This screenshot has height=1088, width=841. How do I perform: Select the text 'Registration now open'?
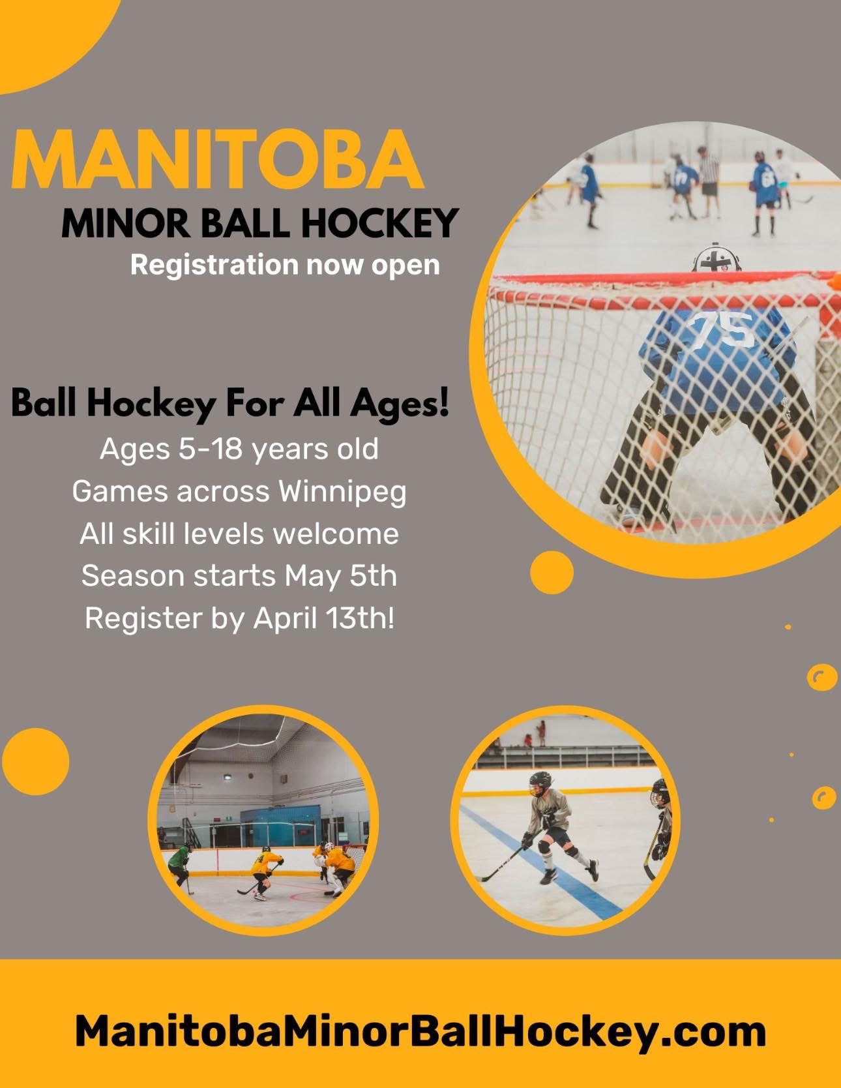pos(285,265)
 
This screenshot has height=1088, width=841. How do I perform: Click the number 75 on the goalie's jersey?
pos(722,329)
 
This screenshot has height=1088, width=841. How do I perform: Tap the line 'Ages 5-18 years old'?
pos(239,449)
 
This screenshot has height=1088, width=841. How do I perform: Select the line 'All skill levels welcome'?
pos(239,534)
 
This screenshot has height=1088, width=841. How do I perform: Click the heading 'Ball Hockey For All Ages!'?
pos(230,404)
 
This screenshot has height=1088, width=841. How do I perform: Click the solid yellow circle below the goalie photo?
pos(552,573)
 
